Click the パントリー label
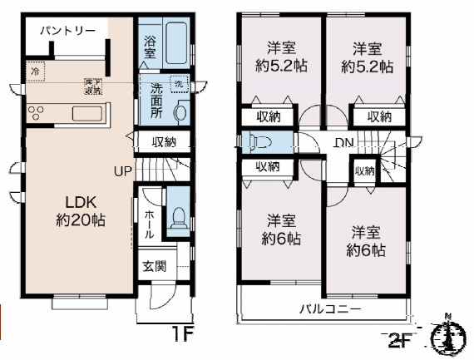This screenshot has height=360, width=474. click(x=62, y=31)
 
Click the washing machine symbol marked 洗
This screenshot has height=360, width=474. click(x=178, y=84)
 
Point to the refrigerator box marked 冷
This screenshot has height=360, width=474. click(x=35, y=72)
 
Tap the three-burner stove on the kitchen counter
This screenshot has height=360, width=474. click(x=38, y=113)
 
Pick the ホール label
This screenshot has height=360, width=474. click(x=148, y=222)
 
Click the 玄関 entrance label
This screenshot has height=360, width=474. click(x=153, y=267)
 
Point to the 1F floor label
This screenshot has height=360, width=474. click(x=183, y=335)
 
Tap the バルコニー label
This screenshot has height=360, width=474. click(x=330, y=308)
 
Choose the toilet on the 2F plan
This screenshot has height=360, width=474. click(x=261, y=141)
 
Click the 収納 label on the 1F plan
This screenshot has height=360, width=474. click(x=164, y=141)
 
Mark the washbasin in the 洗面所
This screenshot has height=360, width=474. click(x=182, y=111)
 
